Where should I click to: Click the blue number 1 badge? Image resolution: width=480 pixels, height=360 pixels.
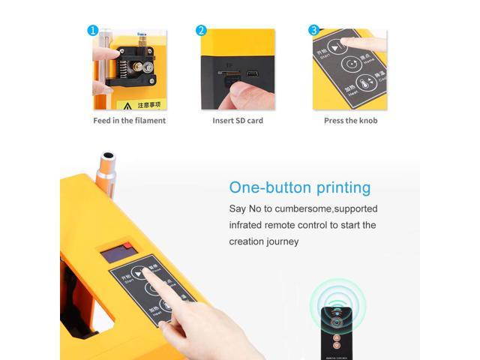(x=93, y=31)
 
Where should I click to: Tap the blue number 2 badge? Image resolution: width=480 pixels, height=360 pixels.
(x=201, y=31)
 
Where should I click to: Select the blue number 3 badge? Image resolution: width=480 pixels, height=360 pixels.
(x=314, y=31)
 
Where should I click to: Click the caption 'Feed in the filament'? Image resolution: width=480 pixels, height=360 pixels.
(x=129, y=120)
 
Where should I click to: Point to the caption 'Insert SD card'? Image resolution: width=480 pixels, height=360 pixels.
(x=238, y=120)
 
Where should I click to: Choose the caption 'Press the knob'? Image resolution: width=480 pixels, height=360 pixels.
(x=350, y=120)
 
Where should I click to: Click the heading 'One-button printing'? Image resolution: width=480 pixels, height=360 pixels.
(x=299, y=187)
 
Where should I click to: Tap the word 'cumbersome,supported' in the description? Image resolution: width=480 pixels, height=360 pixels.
(x=330, y=208)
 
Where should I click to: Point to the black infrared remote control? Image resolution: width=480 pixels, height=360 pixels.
(x=336, y=330)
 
